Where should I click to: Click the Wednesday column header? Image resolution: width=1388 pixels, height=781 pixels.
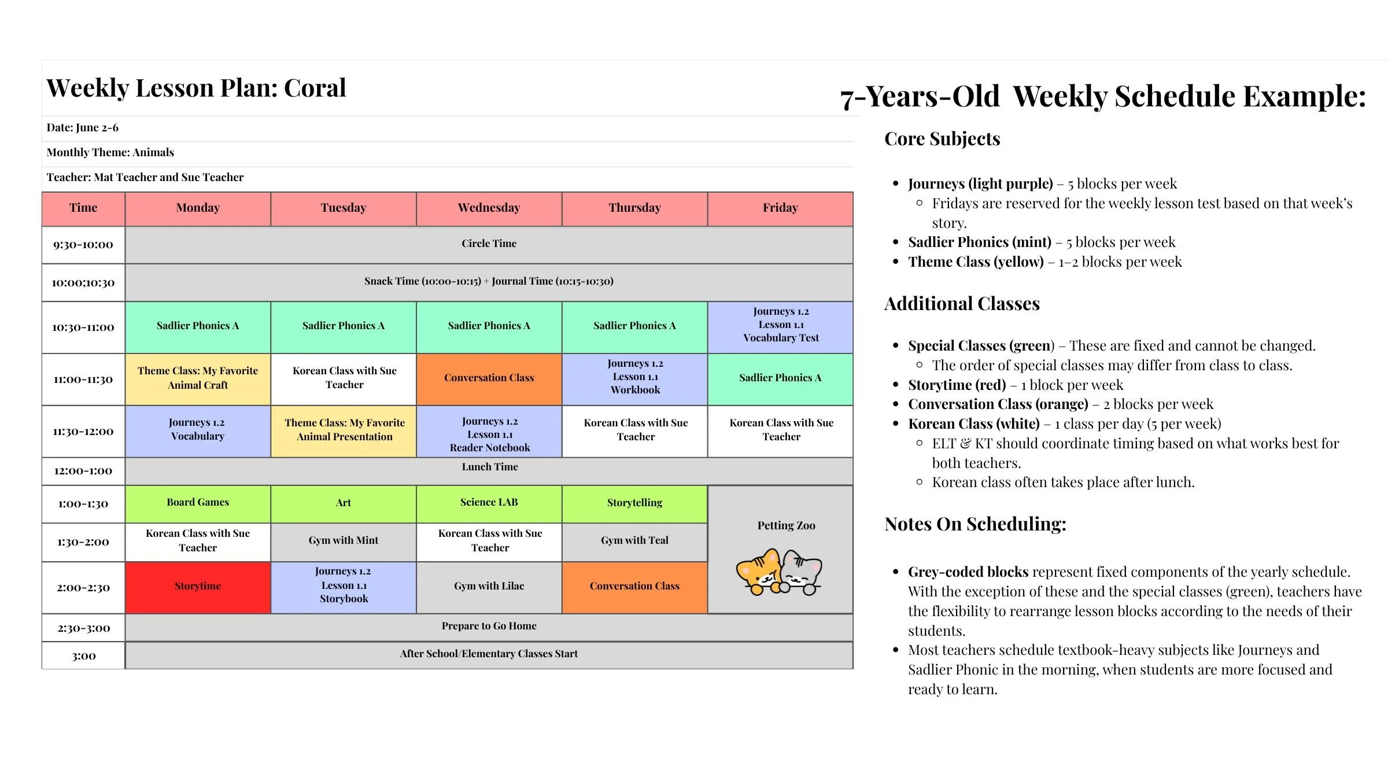click(x=489, y=208)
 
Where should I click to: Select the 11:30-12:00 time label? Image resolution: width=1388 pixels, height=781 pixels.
click(x=83, y=432)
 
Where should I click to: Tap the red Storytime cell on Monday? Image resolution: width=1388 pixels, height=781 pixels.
click(x=198, y=587)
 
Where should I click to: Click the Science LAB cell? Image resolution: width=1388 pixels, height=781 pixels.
click(x=489, y=503)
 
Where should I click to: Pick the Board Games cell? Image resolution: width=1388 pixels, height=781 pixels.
click(x=198, y=503)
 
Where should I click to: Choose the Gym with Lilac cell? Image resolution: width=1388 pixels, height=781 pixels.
click(x=489, y=587)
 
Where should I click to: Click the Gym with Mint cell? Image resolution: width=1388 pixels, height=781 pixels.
click(x=344, y=541)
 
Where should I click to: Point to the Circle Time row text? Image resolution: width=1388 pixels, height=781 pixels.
click(x=489, y=244)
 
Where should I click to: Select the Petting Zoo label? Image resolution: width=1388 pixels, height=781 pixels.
click(x=786, y=526)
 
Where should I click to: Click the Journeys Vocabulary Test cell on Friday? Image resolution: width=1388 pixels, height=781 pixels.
click(x=780, y=325)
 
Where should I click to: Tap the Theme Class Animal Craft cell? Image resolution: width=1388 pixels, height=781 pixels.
click(x=198, y=378)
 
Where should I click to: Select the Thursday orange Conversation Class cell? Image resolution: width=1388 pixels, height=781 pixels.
click(x=634, y=587)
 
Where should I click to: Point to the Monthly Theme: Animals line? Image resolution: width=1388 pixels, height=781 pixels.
click(x=110, y=153)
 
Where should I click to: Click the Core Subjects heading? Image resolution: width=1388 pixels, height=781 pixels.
click(x=942, y=139)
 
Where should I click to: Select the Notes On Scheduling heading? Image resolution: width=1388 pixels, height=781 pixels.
click(x=975, y=524)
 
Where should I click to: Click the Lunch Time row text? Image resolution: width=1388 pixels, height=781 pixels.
click(x=489, y=467)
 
